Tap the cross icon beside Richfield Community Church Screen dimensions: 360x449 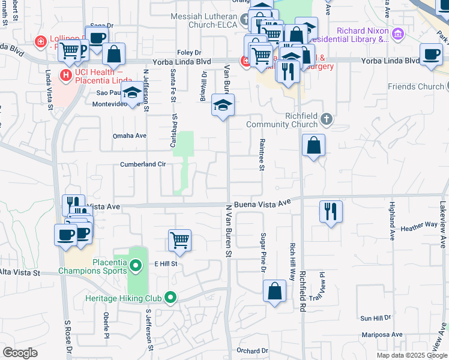[x=326, y=118]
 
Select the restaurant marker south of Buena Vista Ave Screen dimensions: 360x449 [x=331, y=211]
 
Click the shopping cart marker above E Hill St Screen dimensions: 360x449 [x=179, y=240]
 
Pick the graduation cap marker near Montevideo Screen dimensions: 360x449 [x=133, y=92]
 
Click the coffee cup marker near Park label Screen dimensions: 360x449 [x=431, y=54]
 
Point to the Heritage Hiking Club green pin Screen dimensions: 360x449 [x=171, y=297]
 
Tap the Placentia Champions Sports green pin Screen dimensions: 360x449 [x=136, y=265]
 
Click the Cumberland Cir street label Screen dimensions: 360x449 [x=143, y=164]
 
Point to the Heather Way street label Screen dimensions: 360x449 [x=419, y=226]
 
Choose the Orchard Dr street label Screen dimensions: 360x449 [x=252, y=351]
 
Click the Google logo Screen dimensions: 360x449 [x=20, y=353]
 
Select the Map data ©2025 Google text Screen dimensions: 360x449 [x=411, y=355]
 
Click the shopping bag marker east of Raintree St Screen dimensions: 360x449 [x=313, y=145]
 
